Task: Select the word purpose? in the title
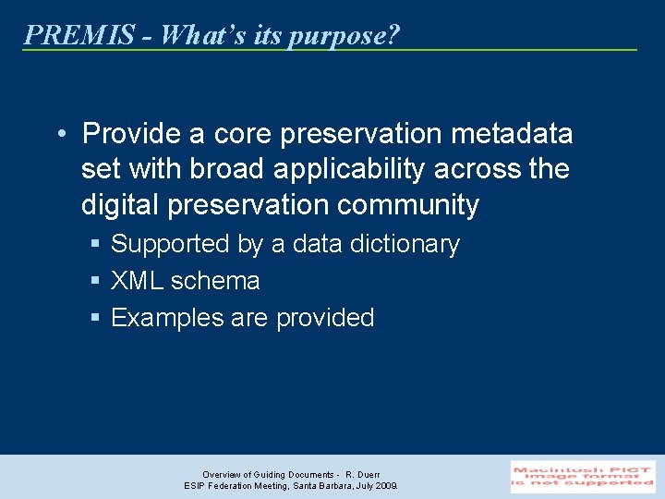tap(344, 36)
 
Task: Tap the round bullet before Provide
tap(60, 134)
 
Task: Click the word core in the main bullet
tap(242, 134)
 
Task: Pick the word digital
tap(120, 205)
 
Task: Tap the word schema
tap(215, 281)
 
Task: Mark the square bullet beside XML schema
tap(95, 281)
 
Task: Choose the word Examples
tap(167, 318)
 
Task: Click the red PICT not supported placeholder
tap(583, 477)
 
